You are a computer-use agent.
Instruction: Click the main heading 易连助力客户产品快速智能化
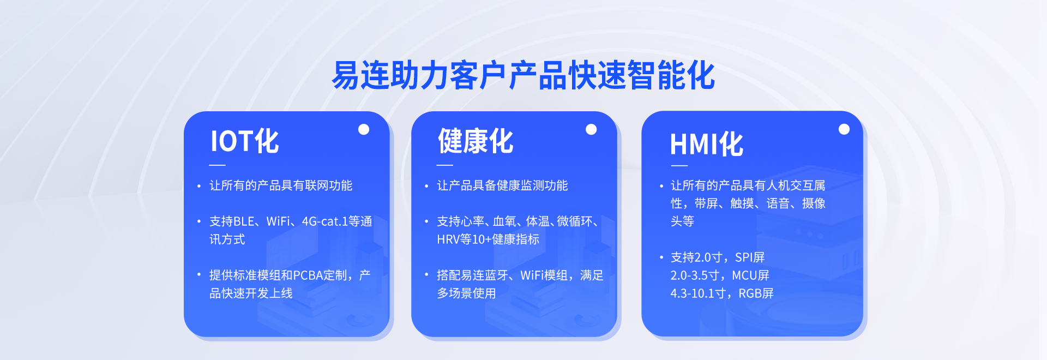point(523,75)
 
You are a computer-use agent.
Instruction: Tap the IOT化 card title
point(244,141)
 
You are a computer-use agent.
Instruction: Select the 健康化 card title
point(475,141)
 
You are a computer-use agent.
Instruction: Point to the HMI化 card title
point(706,145)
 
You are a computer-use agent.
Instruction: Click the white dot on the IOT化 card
point(364,129)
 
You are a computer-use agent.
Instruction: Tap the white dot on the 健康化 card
point(591,129)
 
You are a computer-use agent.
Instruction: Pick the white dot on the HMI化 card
point(844,129)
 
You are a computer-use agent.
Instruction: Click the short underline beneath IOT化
point(217,165)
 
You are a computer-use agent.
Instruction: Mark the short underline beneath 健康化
point(445,165)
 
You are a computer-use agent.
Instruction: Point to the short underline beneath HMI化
point(679,165)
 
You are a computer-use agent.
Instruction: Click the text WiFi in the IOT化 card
point(278,221)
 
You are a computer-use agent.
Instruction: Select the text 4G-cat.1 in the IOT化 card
point(325,221)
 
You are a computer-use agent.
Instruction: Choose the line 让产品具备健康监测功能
point(502,185)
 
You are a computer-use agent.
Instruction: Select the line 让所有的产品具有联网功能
point(281,185)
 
